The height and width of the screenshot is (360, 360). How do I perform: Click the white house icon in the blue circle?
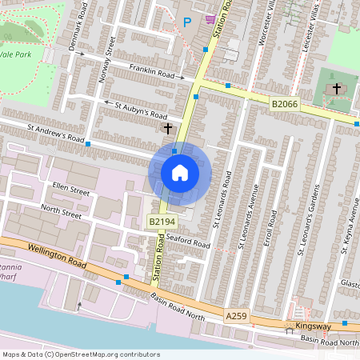180,172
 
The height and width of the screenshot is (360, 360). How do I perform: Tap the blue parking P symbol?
187,23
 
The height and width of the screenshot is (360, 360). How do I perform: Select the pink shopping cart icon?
210,19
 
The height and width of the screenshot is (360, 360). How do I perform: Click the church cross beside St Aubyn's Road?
168,128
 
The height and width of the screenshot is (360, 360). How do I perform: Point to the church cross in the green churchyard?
337,88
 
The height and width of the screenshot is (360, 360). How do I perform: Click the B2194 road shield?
160,221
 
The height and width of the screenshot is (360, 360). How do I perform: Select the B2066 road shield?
283,104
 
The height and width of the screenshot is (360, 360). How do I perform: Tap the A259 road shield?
236,318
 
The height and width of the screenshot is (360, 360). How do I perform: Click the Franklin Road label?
154,74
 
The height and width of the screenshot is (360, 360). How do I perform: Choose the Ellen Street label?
70,190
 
